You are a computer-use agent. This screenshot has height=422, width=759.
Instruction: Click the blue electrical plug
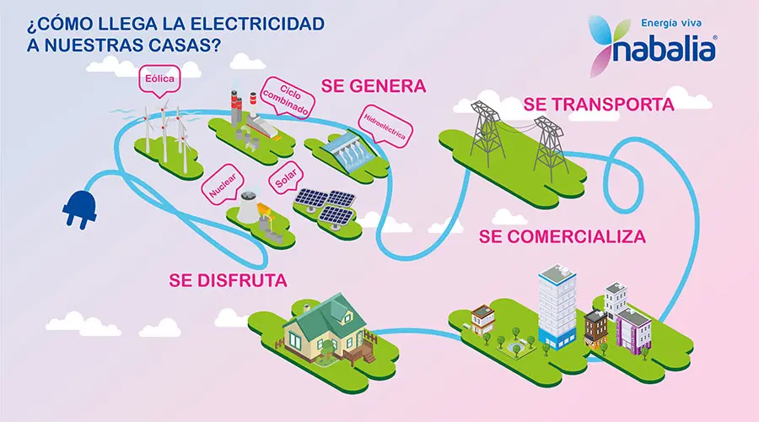click(77, 207)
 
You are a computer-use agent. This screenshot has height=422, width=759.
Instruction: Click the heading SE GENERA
click(374, 85)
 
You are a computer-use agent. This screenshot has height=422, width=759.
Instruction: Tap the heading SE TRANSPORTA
click(598, 105)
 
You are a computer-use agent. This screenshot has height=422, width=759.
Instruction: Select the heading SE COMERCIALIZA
click(563, 235)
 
